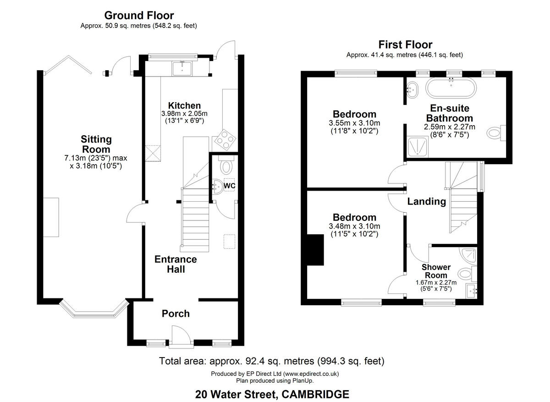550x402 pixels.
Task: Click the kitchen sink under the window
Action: pos(182,68)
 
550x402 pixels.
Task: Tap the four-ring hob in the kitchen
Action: pos(225,140)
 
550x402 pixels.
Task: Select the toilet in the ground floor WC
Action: pos(226,166)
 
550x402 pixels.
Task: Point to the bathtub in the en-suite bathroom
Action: pos(451,88)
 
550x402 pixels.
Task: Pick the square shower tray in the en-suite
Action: pos(418,147)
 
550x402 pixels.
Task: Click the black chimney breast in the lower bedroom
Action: pos(315,250)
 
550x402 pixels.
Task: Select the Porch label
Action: pos(176,314)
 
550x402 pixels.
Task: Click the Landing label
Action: pos(427,201)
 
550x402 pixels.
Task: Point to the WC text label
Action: pos(230,186)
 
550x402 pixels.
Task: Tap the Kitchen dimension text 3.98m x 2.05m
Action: pos(184,114)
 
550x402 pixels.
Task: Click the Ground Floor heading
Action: pos(139,16)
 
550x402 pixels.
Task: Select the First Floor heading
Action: pos(405,45)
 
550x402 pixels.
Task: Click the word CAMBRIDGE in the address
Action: pos(315,394)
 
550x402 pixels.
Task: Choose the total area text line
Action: pos(271,361)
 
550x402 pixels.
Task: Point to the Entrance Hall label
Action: pos(176,264)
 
